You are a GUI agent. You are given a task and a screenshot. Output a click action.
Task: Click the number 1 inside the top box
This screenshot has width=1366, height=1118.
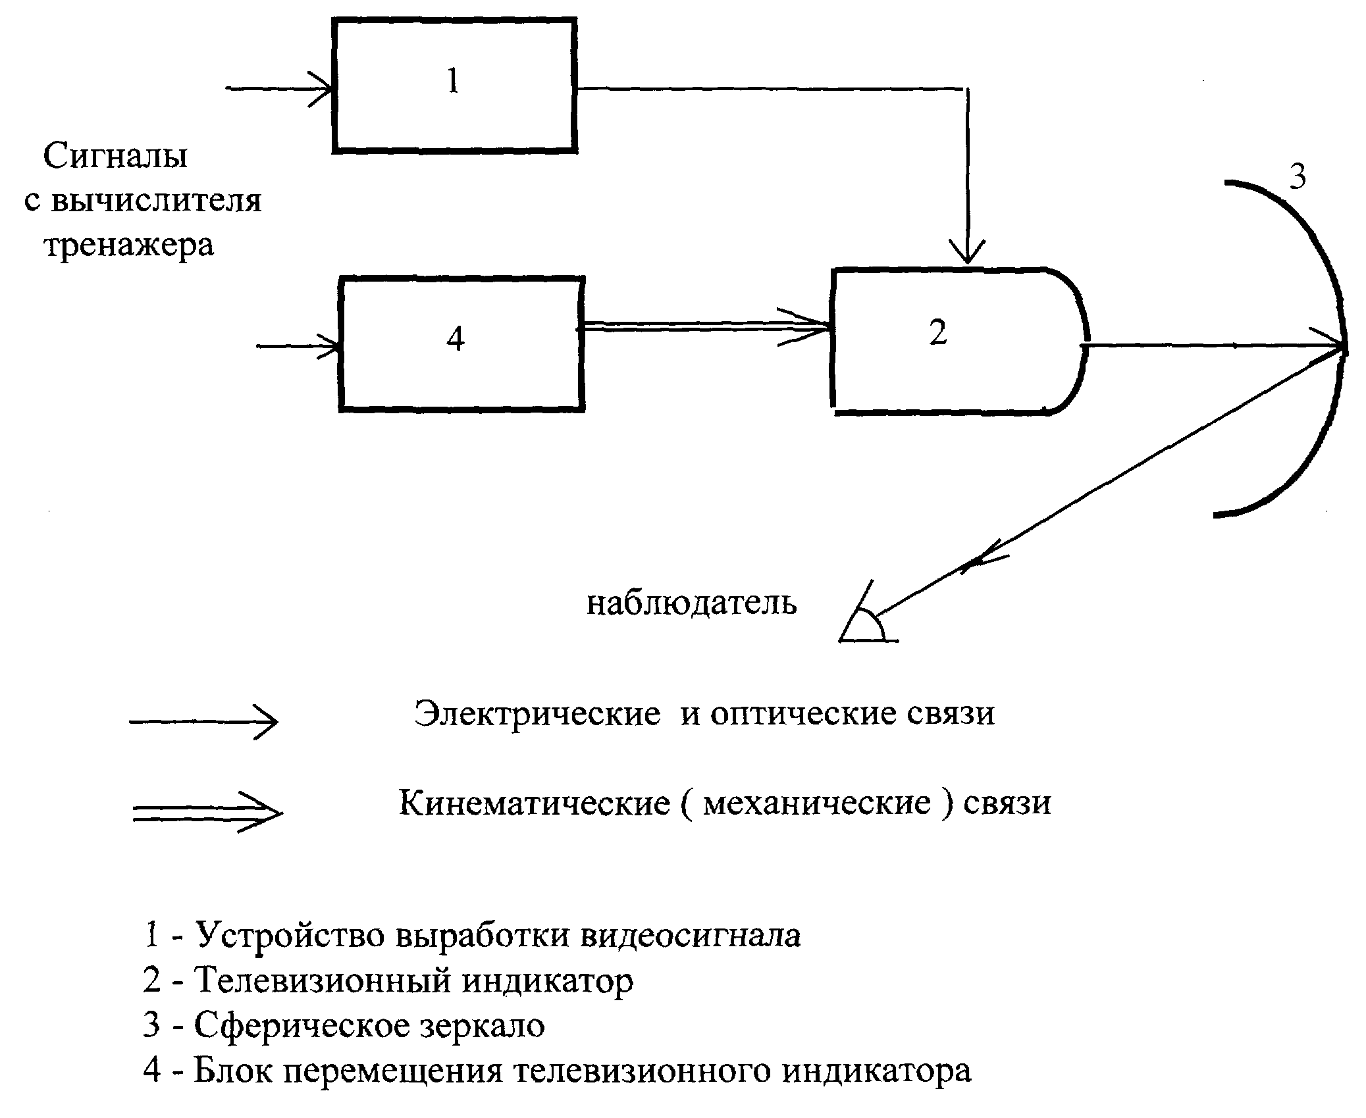(x=452, y=82)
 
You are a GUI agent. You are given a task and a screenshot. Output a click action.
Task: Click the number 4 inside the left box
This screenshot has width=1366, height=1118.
(x=456, y=340)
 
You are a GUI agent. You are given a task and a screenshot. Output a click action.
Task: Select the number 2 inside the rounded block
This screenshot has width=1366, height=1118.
(x=937, y=333)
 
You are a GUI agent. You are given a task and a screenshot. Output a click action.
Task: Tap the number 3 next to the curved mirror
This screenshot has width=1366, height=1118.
(x=1297, y=176)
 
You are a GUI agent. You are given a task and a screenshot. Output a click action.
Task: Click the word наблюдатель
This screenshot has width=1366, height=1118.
(x=691, y=603)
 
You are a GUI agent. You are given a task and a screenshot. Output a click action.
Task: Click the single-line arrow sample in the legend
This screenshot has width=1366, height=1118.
(x=204, y=722)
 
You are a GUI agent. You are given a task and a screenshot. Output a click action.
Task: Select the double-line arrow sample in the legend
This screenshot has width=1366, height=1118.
(x=207, y=813)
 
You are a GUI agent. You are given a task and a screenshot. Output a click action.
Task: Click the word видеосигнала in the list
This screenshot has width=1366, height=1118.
(x=691, y=935)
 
